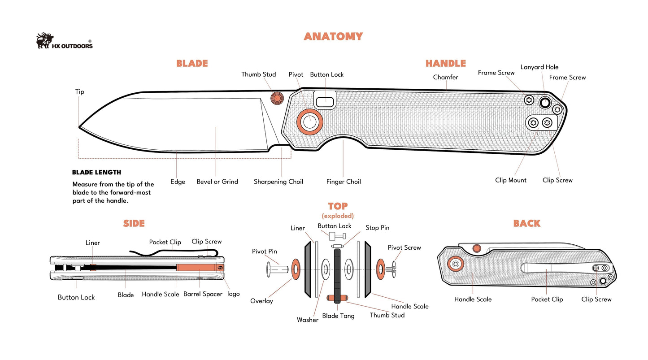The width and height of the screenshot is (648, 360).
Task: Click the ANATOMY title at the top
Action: pos(333,36)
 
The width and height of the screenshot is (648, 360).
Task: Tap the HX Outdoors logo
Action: pos(65,41)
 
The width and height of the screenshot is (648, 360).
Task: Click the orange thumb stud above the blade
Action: pos(277,98)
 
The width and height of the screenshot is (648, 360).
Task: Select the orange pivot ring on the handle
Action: pos(309,121)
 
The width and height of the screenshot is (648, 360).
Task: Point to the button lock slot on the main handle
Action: pos(325,100)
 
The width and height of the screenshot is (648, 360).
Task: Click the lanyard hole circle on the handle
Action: pos(545,103)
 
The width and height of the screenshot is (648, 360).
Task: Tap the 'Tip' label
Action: pos(79,92)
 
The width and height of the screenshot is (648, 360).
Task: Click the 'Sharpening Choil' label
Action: pos(278,182)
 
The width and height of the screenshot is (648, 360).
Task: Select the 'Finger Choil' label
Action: pos(344,182)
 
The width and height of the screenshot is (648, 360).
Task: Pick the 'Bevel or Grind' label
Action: pos(217,182)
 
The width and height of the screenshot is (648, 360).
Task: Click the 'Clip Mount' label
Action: pos(511,180)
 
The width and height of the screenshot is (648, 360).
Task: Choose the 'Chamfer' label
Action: pos(445,77)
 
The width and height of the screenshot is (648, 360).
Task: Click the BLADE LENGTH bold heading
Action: pos(96,172)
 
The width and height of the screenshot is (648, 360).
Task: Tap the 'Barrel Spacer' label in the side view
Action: pos(203,295)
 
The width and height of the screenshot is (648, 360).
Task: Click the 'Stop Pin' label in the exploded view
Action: pos(377,228)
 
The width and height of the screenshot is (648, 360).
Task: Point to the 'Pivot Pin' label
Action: pos(264,252)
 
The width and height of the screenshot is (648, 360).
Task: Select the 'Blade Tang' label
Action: pos(338,316)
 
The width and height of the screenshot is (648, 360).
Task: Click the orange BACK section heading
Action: pos(526,223)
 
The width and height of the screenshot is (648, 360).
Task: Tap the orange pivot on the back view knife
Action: pos(456,264)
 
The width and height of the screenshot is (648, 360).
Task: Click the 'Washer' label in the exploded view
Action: pos(308,320)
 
